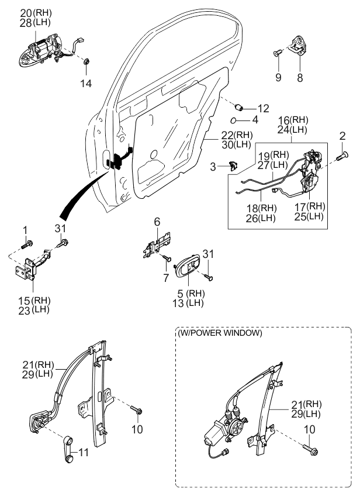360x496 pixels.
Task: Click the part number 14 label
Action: click(86, 84)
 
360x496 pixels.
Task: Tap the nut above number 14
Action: click(86, 61)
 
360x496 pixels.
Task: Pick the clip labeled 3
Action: click(233, 165)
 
